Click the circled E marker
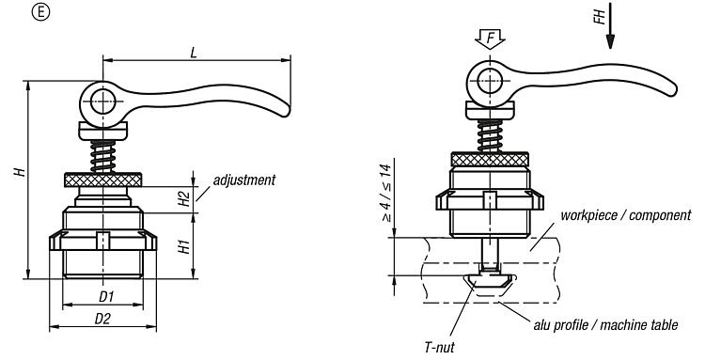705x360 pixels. click(x=40, y=12)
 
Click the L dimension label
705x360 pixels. click(x=194, y=53)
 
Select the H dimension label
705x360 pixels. click(x=20, y=171)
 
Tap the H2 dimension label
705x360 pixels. click(x=184, y=198)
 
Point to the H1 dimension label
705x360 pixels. click(x=184, y=246)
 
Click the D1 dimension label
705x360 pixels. click(x=106, y=297)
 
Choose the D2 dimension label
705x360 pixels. click(x=102, y=319)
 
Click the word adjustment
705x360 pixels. click(x=244, y=180)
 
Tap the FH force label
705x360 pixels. click(x=600, y=17)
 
